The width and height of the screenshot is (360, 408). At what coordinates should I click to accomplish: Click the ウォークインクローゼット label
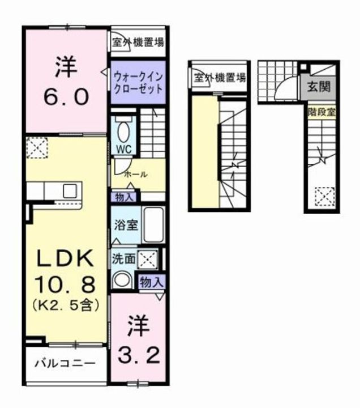(x=138, y=82)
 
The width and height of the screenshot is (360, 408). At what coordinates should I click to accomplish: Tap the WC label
(x=124, y=149)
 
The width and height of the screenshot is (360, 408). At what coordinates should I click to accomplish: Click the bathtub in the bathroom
(x=152, y=225)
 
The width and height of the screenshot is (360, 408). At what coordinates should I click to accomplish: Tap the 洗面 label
(x=123, y=258)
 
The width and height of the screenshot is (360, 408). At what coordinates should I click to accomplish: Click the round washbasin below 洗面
(x=122, y=279)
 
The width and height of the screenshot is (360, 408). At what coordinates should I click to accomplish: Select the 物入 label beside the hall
(x=125, y=197)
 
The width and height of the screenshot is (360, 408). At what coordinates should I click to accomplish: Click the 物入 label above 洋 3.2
(x=152, y=282)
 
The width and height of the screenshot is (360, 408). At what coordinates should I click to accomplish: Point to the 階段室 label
(x=321, y=111)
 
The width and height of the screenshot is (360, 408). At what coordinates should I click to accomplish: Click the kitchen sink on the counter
(x=71, y=190)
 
